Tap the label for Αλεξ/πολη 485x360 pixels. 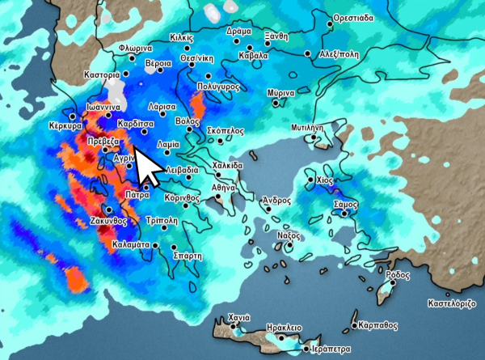[x=340, y=54]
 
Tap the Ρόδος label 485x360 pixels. [x=398, y=275]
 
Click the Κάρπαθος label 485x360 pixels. [x=379, y=324]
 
